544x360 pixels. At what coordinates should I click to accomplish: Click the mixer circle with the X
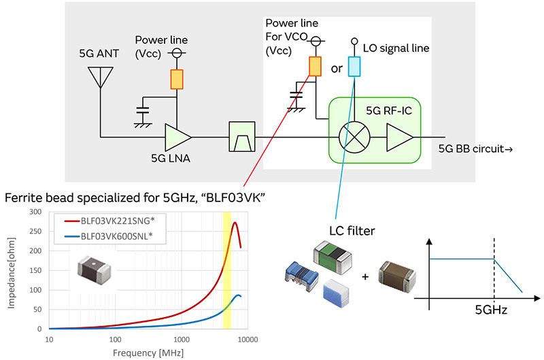coord(353,137)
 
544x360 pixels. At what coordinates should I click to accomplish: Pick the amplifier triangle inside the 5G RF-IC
coord(399,137)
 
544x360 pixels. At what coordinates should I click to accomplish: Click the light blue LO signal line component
coord(354,66)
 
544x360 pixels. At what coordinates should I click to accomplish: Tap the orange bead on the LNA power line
coord(176,79)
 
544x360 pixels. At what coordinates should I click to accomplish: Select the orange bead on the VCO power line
coord(315,66)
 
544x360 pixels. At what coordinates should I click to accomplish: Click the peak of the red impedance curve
coord(235,223)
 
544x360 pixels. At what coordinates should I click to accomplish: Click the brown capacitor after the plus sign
coord(395,275)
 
